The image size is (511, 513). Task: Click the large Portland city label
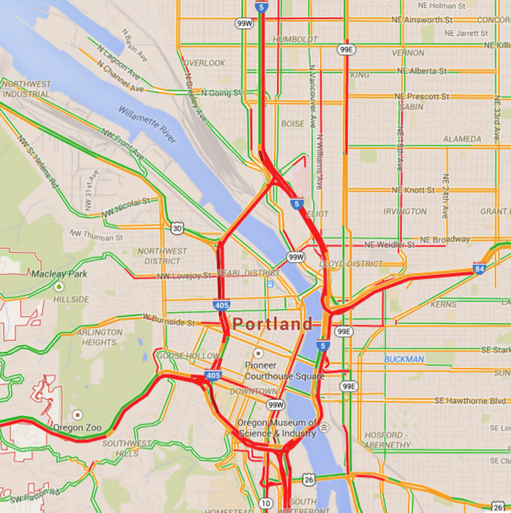tap(272, 325)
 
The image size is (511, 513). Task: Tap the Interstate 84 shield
tap(479, 269)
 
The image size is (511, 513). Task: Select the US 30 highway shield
tap(177, 228)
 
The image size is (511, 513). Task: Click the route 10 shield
tap(266, 502)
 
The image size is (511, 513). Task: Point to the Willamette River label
tap(148, 124)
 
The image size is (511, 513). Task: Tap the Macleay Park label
tap(59, 273)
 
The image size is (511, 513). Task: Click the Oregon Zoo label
tap(77, 427)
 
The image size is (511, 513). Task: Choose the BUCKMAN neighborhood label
tap(404, 359)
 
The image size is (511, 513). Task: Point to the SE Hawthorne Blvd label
tap(470, 401)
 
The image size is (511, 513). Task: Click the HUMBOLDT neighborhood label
tap(295, 39)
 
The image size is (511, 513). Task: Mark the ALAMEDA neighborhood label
tap(462, 139)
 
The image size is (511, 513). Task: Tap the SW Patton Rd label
tap(34, 494)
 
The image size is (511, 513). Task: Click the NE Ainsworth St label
tap(427, 20)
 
